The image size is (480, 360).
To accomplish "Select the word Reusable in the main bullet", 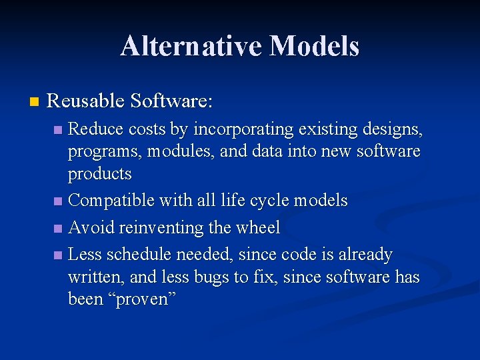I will point(86,101).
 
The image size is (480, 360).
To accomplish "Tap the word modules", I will point(179,151).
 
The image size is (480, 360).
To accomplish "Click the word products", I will point(100,174).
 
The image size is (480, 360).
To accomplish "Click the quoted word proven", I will point(145,299).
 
